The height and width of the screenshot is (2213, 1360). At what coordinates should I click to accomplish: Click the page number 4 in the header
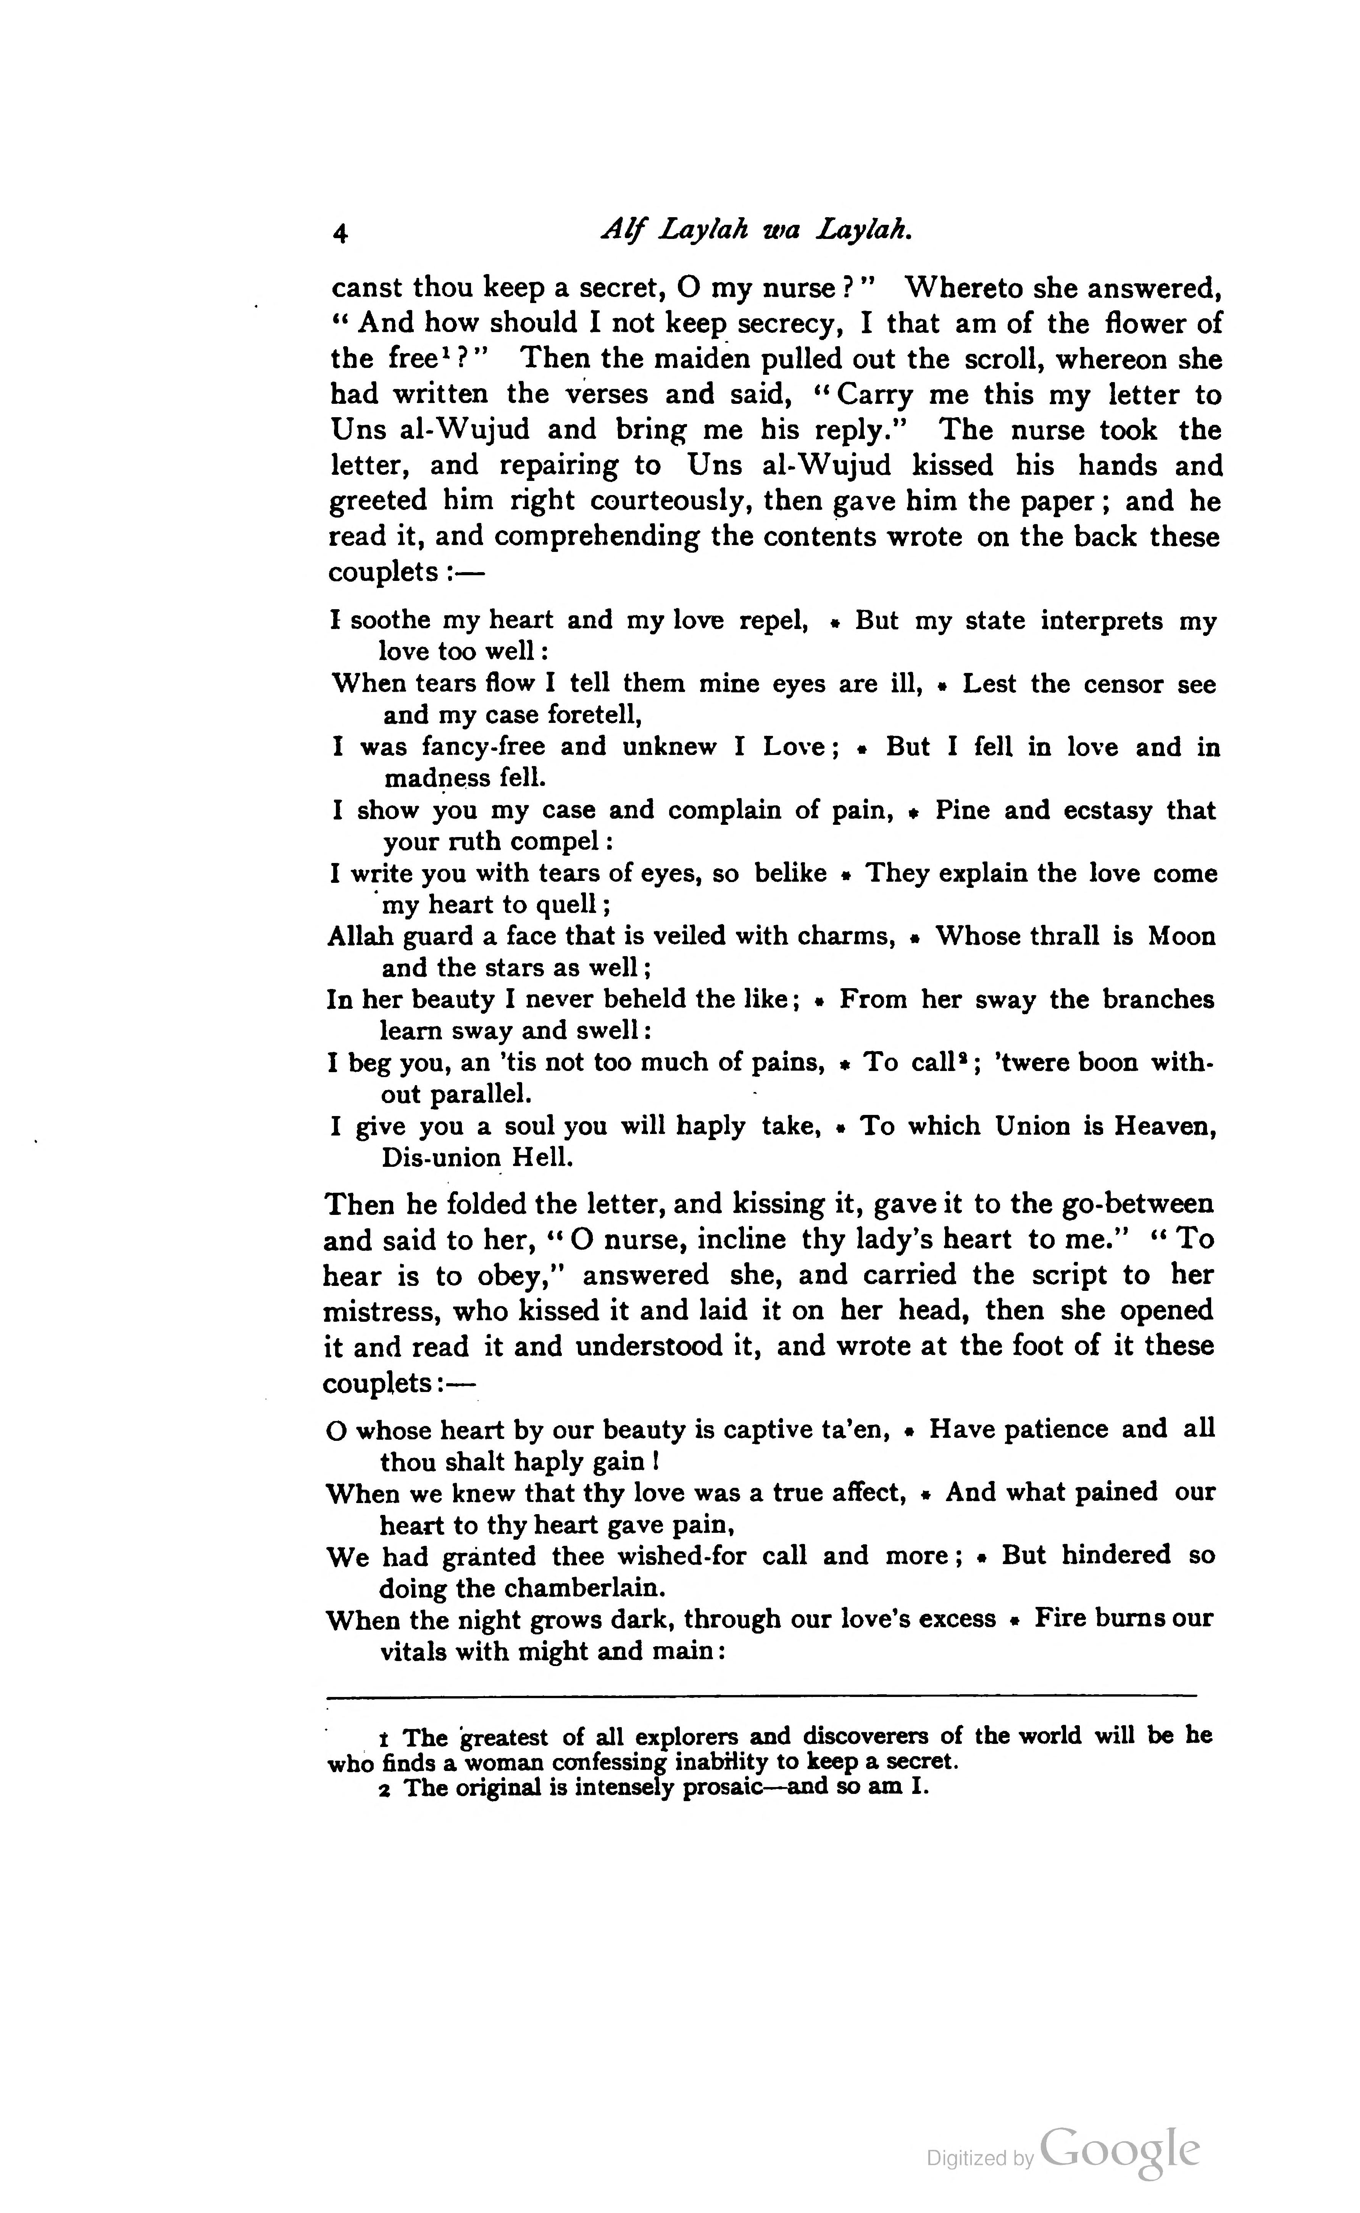340,234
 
